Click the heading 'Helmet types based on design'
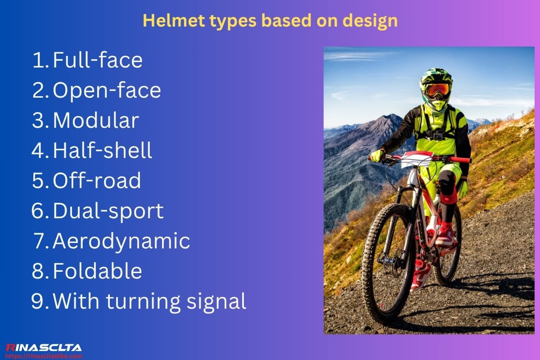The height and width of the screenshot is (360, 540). click(x=270, y=21)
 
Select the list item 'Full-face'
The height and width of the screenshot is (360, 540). click(x=98, y=60)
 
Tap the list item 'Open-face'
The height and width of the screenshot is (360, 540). click(x=107, y=90)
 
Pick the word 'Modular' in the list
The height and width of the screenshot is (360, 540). click(x=96, y=121)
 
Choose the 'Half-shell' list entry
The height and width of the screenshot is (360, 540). click(x=103, y=151)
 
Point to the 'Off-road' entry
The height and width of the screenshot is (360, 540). click(x=97, y=181)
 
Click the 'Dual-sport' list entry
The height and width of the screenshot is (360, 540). click(x=108, y=211)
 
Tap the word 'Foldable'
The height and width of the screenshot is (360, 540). click(x=98, y=271)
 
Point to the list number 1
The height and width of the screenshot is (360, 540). click(x=40, y=60)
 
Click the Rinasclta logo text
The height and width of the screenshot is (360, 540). click(x=44, y=347)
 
